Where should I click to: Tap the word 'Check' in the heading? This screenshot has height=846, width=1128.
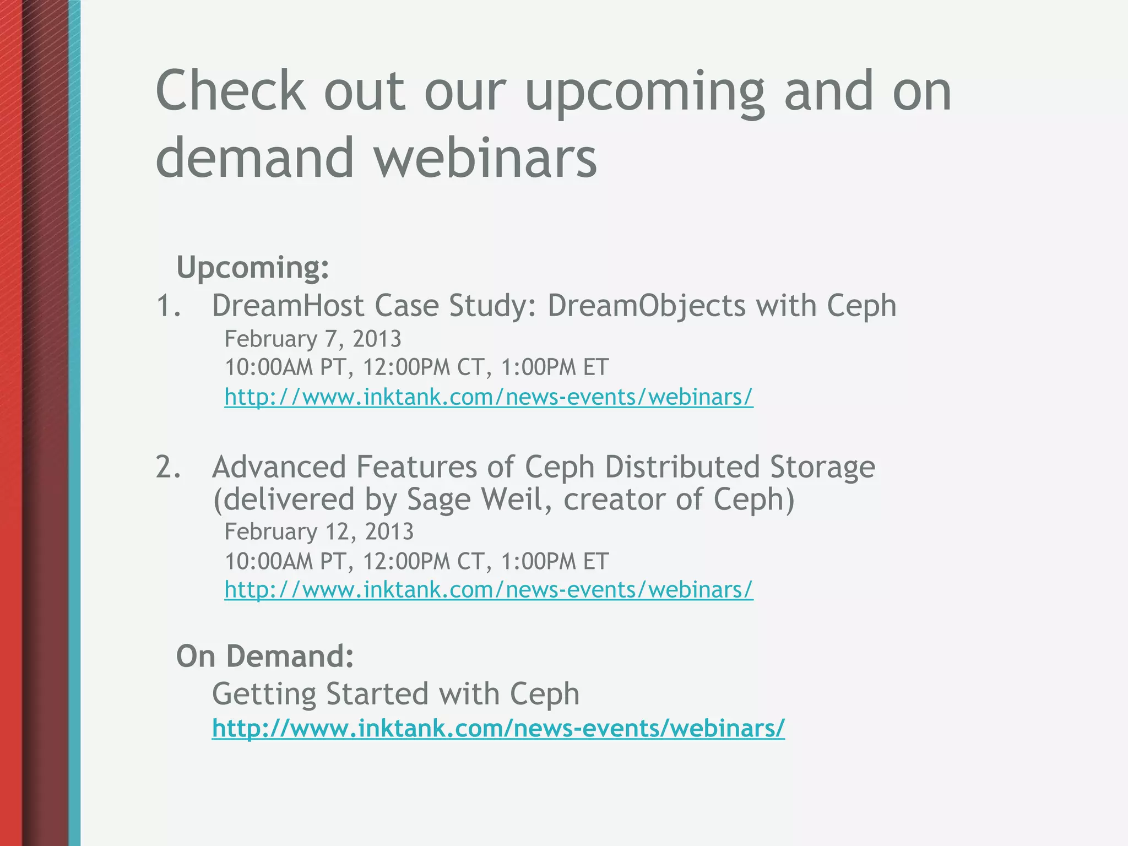[230, 91]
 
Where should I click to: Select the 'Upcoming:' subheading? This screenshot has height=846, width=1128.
[253, 268]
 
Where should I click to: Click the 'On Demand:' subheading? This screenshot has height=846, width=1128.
[265, 656]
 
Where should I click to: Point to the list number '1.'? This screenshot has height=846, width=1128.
[169, 306]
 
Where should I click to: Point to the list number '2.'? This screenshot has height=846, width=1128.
[169, 467]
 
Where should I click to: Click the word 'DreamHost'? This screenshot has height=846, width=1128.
[288, 306]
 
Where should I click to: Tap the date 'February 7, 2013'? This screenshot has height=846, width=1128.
[313, 339]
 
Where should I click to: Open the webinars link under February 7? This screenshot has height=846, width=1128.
[489, 397]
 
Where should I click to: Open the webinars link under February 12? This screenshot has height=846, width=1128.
[489, 590]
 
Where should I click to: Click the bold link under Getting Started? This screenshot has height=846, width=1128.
[498, 728]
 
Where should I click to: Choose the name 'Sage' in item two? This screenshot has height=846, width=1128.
[438, 500]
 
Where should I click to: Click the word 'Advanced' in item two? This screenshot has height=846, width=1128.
[279, 467]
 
